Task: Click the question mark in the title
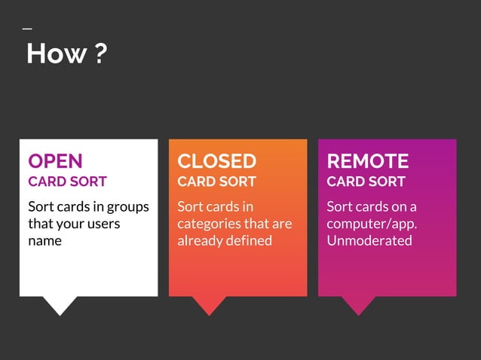(x=101, y=53)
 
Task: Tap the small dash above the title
(x=27, y=29)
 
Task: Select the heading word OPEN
(x=55, y=161)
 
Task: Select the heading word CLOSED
(x=216, y=161)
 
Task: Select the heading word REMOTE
(x=367, y=161)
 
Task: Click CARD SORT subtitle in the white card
(x=67, y=182)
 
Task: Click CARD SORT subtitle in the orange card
(x=216, y=182)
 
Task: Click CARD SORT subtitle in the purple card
(x=366, y=182)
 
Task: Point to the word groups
(x=130, y=207)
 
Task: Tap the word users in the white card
(x=103, y=224)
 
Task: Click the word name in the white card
(x=44, y=241)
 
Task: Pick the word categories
(x=208, y=224)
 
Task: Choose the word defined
(x=248, y=241)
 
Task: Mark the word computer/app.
(x=372, y=224)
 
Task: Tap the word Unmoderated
(x=369, y=241)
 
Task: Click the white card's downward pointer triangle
(x=60, y=304)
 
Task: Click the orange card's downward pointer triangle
(x=209, y=304)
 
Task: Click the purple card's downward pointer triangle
(x=358, y=304)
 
